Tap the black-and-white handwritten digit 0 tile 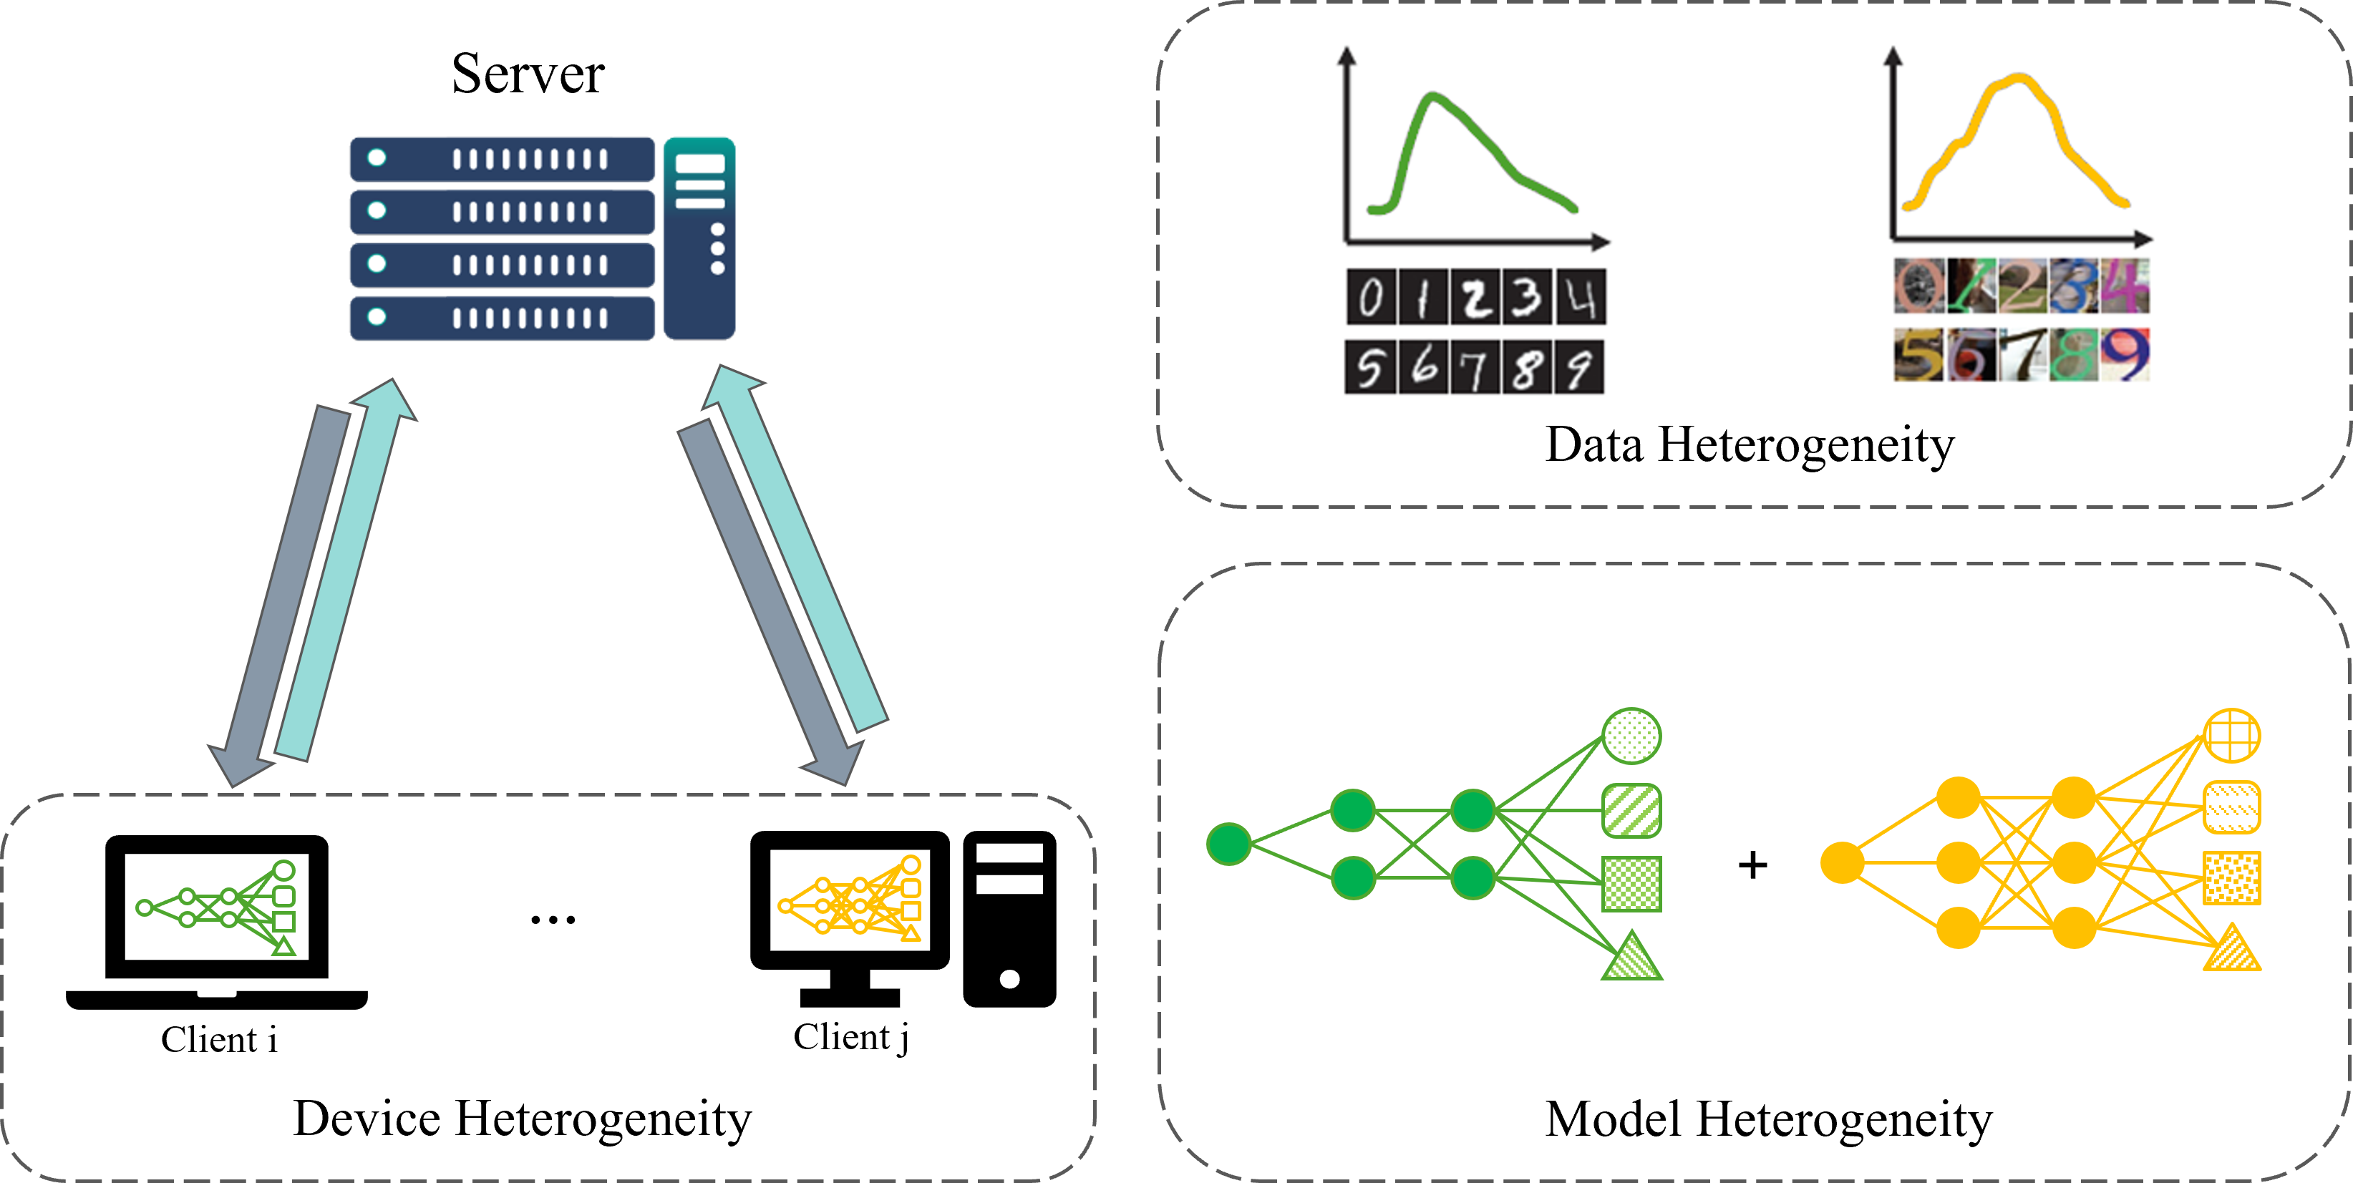pos(1370,298)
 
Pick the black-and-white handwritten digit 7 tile pos(1473,368)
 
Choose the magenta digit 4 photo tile pos(2125,285)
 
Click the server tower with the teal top pos(699,238)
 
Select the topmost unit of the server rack pos(502,159)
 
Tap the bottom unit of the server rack pos(502,318)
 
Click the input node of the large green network pos(1228,844)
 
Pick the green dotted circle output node pos(1631,736)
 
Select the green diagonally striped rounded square pos(1631,810)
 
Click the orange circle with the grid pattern pos(2231,736)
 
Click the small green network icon pos(219,908)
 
